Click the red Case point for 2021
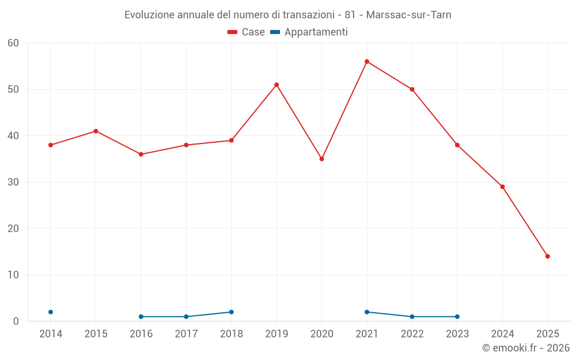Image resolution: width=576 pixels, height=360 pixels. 367,62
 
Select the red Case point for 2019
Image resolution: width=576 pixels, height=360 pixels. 276,85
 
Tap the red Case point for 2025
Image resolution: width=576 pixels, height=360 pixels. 548,256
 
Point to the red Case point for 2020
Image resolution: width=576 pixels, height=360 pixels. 322,159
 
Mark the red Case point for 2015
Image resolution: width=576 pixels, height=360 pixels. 96,131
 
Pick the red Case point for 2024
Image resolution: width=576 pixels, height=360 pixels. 502,187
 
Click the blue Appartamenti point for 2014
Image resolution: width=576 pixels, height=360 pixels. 51,312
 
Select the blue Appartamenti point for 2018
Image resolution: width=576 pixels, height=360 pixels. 232,312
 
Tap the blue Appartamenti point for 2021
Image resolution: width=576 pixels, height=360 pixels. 367,312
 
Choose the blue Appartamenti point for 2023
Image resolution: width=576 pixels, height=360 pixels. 457,317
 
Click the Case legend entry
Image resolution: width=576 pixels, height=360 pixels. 247,32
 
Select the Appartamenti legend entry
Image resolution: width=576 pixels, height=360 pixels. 309,32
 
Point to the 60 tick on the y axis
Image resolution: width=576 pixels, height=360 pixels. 14,43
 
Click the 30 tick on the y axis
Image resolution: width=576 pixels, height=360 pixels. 14,182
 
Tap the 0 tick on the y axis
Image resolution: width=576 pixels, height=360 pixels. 16,321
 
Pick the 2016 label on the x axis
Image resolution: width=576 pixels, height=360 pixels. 141,334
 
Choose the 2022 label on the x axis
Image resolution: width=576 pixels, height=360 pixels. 412,334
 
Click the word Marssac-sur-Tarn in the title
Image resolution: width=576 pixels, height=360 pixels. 410,15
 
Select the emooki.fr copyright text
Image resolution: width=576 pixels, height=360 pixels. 526,348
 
